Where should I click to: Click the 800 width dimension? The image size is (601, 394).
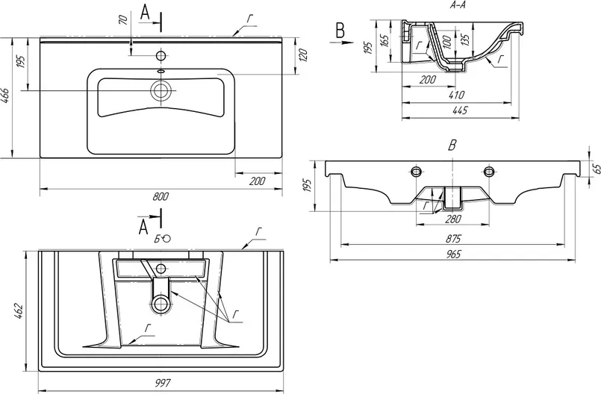tap(161, 196)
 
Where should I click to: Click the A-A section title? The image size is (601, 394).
tap(458, 4)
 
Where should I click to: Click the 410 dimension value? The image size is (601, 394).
tap(455, 96)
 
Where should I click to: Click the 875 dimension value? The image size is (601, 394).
tap(454, 239)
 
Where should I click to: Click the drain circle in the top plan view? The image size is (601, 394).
tap(161, 91)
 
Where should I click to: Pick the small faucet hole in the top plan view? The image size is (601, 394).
tap(161, 55)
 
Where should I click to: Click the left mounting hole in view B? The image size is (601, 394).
tap(415, 171)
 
